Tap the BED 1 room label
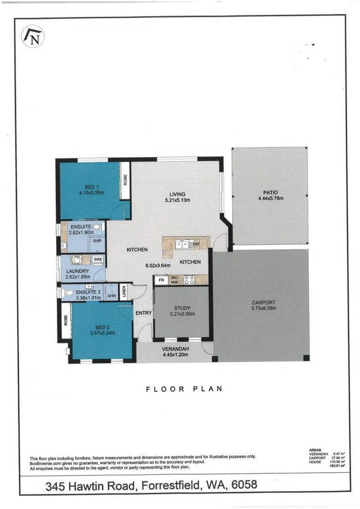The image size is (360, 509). (91, 187)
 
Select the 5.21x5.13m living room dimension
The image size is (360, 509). (177, 200)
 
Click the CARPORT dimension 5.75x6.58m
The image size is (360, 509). (263, 308)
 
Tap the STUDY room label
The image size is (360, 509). (182, 308)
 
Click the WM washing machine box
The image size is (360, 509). (98, 259)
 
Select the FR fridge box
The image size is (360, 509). (161, 280)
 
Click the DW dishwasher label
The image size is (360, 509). (196, 244)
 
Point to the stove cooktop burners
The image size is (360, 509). (189, 280)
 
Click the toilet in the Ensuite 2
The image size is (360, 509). (68, 293)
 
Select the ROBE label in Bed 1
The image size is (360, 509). (125, 180)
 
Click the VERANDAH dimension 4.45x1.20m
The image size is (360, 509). (176, 354)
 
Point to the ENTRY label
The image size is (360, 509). (143, 313)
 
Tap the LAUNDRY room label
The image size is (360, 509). (77, 271)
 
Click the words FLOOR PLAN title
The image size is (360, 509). (184, 389)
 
